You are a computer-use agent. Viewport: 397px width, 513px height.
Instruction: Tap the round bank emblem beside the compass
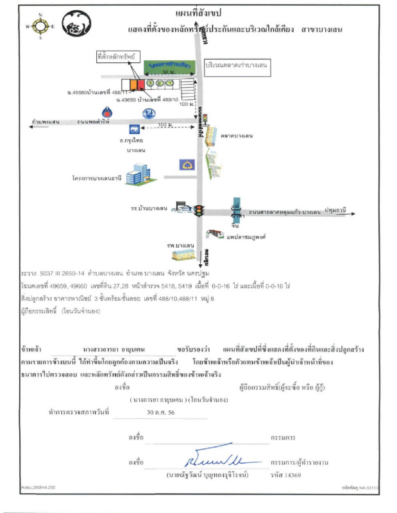77,26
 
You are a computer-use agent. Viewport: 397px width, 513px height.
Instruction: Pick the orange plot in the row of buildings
133,84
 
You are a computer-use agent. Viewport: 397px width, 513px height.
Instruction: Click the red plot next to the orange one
140,84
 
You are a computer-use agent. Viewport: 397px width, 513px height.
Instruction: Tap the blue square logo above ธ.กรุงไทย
134,129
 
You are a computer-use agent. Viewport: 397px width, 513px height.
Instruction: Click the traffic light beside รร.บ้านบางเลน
199,210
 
